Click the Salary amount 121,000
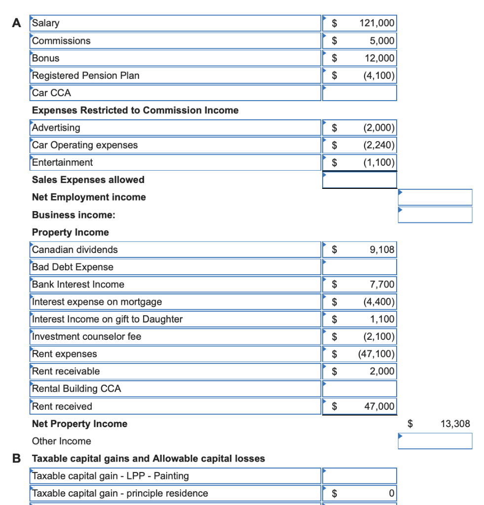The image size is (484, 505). (x=377, y=23)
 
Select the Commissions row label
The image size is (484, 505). (x=61, y=41)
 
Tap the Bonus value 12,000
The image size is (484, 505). (x=379, y=58)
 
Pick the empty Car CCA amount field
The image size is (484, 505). (x=359, y=93)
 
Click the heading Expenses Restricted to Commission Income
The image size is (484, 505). (x=135, y=110)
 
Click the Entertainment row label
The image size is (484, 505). (x=62, y=162)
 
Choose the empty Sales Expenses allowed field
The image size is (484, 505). (x=359, y=180)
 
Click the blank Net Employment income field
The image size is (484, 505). (x=435, y=197)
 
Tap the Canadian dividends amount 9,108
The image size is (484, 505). (x=382, y=250)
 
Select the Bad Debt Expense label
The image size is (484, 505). (x=73, y=267)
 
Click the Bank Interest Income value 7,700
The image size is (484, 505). (x=382, y=285)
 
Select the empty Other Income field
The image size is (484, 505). (x=435, y=441)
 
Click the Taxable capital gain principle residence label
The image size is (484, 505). (x=120, y=493)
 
